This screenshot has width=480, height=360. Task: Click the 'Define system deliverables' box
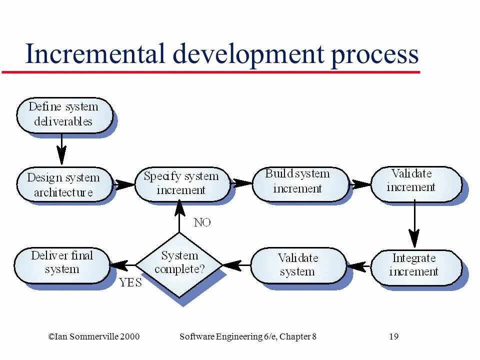pyautogui.click(x=63, y=114)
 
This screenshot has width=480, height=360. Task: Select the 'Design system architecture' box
pyautogui.click(x=63, y=184)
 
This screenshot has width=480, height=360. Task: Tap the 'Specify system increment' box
pyautogui.click(x=181, y=183)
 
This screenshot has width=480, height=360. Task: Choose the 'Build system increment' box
pyautogui.click(x=299, y=182)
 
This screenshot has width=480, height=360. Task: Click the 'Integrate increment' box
pyautogui.click(x=414, y=265)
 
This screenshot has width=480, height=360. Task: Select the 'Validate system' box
pyautogui.click(x=297, y=265)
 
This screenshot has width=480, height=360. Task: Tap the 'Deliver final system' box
pyautogui.click(x=62, y=263)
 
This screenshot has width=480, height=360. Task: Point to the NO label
pyautogui.click(x=202, y=222)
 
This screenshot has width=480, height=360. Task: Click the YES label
pyautogui.click(x=130, y=283)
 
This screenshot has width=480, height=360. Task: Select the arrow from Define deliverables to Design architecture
pyautogui.click(x=61, y=149)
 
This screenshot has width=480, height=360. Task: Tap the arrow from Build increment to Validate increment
pyautogui.click(x=360, y=183)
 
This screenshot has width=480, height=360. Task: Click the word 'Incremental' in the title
pyautogui.click(x=95, y=54)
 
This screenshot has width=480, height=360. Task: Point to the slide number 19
pyautogui.click(x=393, y=336)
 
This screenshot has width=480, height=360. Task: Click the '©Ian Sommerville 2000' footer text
pyautogui.click(x=93, y=336)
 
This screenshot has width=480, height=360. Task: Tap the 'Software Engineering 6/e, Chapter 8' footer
pyautogui.click(x=247, y=336)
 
